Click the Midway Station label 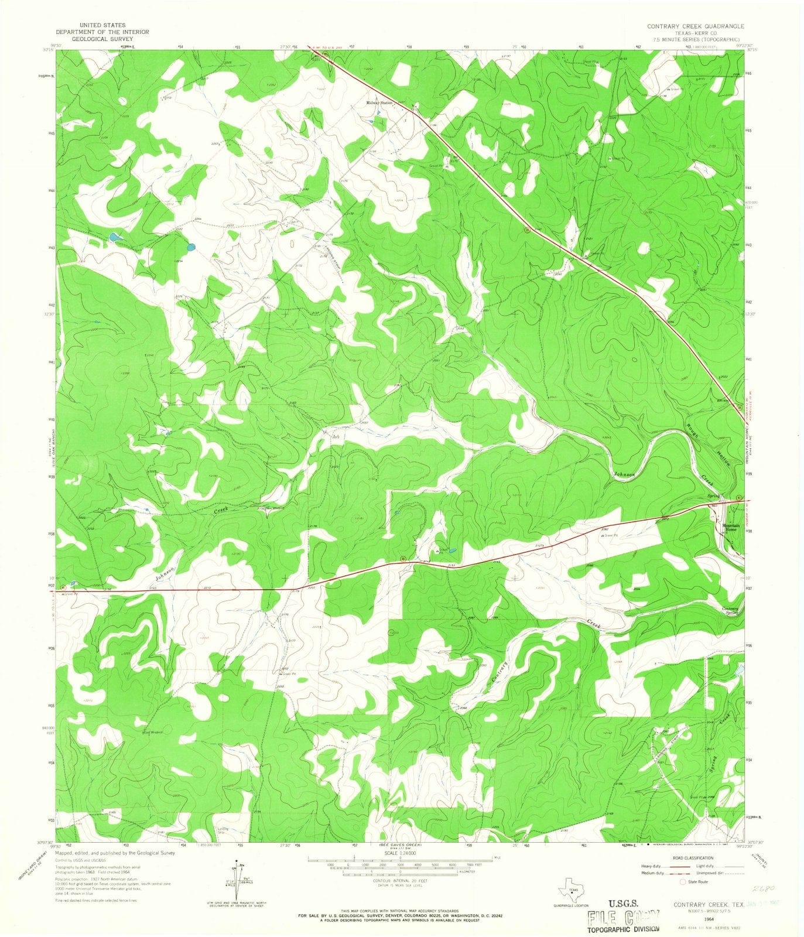379,103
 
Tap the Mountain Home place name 731,527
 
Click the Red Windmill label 153,732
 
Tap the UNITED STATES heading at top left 102,26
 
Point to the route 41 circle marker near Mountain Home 738,498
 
